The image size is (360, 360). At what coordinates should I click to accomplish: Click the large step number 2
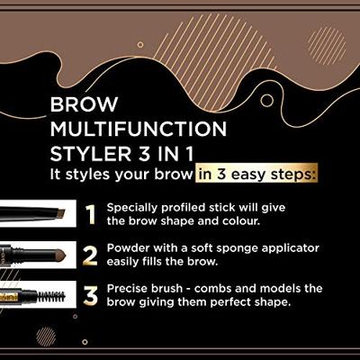[89, 256]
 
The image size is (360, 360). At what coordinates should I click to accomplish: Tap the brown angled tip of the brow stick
[66, 212]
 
